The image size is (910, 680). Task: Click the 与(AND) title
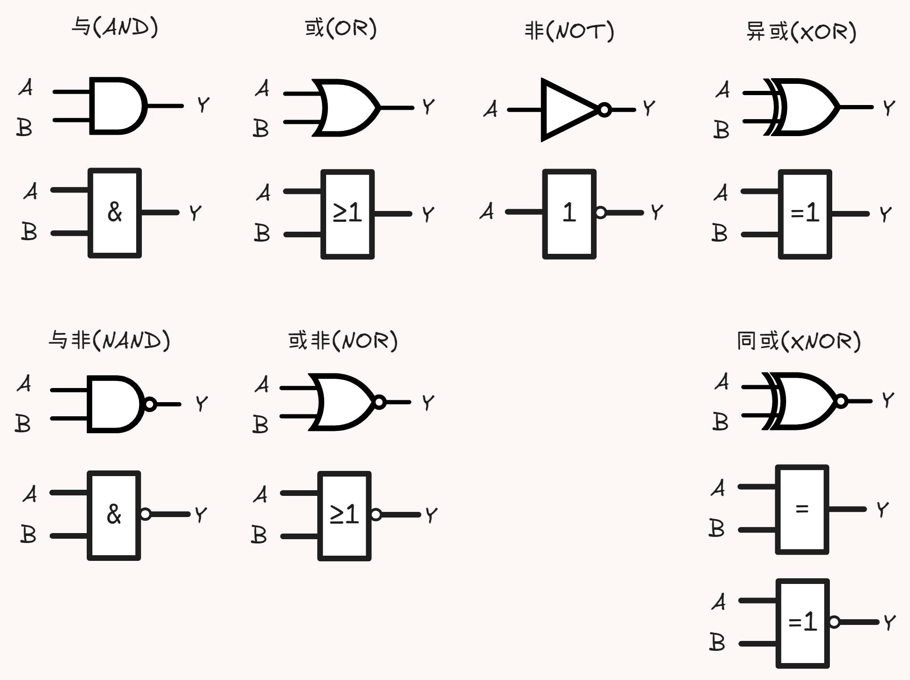point(115,27)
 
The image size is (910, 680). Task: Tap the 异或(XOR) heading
point(801,32)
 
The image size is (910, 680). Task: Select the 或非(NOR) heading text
point(343,340)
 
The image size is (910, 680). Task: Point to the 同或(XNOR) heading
point(798,341)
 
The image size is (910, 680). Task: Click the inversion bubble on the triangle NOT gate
point(605,110)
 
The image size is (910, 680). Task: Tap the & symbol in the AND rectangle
point(115,211)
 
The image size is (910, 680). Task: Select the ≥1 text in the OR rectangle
point(347,213)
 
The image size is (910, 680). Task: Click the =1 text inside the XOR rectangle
point(804,213)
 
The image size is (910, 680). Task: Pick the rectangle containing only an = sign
point(802,510)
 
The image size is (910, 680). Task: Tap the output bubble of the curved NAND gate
point(150,404)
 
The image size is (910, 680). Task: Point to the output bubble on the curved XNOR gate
point(841,401)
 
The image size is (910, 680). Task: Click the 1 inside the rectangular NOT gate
point(569,212)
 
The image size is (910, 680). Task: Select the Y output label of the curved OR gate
point(428,107)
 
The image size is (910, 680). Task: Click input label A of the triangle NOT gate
point(491,109)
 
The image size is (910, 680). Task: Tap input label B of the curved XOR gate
point(721,130)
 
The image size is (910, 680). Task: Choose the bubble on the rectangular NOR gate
point(376,514)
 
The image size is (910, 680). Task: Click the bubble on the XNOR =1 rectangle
point(834,622)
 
